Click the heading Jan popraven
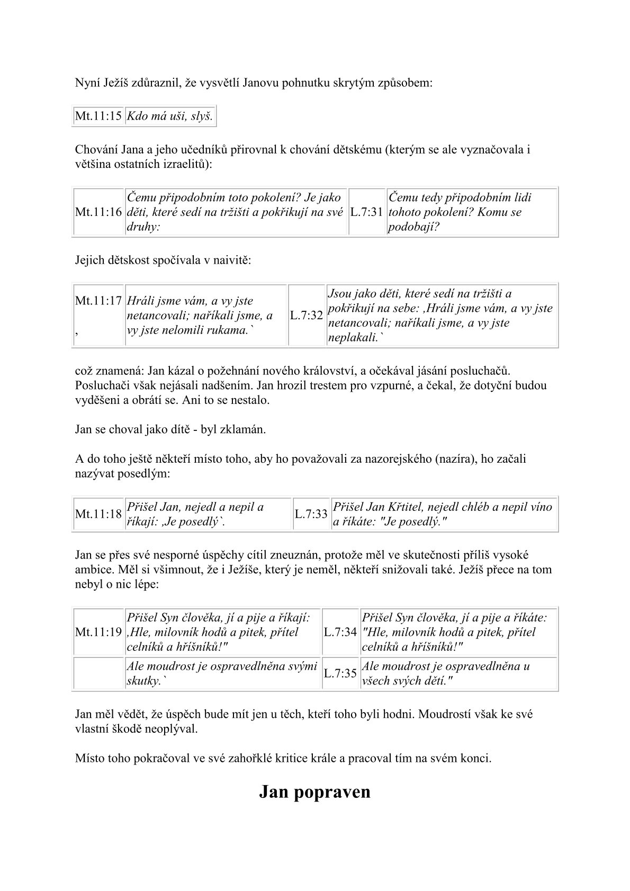(x=314, y=792)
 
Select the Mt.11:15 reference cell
(x=98, y=116)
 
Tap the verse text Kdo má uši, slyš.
(x=169, y=116)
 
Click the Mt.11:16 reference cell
(x=98, y=212)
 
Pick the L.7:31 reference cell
(x=366, y=212)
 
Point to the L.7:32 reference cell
(x=307, y=316)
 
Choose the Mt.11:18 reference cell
(x=98, y=514)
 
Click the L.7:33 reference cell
(x=311, y=514)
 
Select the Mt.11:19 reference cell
(x=98, y=632)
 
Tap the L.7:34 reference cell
(x=340, y=632)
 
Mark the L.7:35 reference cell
(x=340, y=673)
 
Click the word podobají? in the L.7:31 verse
(x=415, y=227)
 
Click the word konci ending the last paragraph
(x=476, y=759)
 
